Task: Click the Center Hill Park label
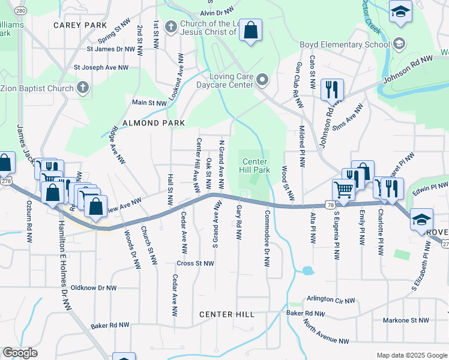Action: (x=255, y=166)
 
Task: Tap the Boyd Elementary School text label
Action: (x=345, y=44)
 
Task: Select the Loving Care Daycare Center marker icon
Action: (x=262, y=80)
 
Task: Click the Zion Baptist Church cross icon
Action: (x=83, y=88)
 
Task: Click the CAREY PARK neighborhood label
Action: (x=79, y=25)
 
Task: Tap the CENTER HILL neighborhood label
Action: (x=226, y=314)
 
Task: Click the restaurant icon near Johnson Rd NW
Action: (x=331, y=90)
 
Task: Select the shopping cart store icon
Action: (x=343, y=190)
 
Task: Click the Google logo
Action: (x=20, y=353)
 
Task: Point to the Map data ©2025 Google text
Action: (x=412, y=355)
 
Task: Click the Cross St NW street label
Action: (x=195, y=263)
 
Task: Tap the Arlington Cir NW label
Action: (x=331, y=299)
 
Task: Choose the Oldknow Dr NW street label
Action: (x=94, y=288)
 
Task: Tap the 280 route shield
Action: (x=20, y=11)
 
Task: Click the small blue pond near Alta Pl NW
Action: (x=307, y=271)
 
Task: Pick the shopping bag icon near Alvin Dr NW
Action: (x=250, y=30)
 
